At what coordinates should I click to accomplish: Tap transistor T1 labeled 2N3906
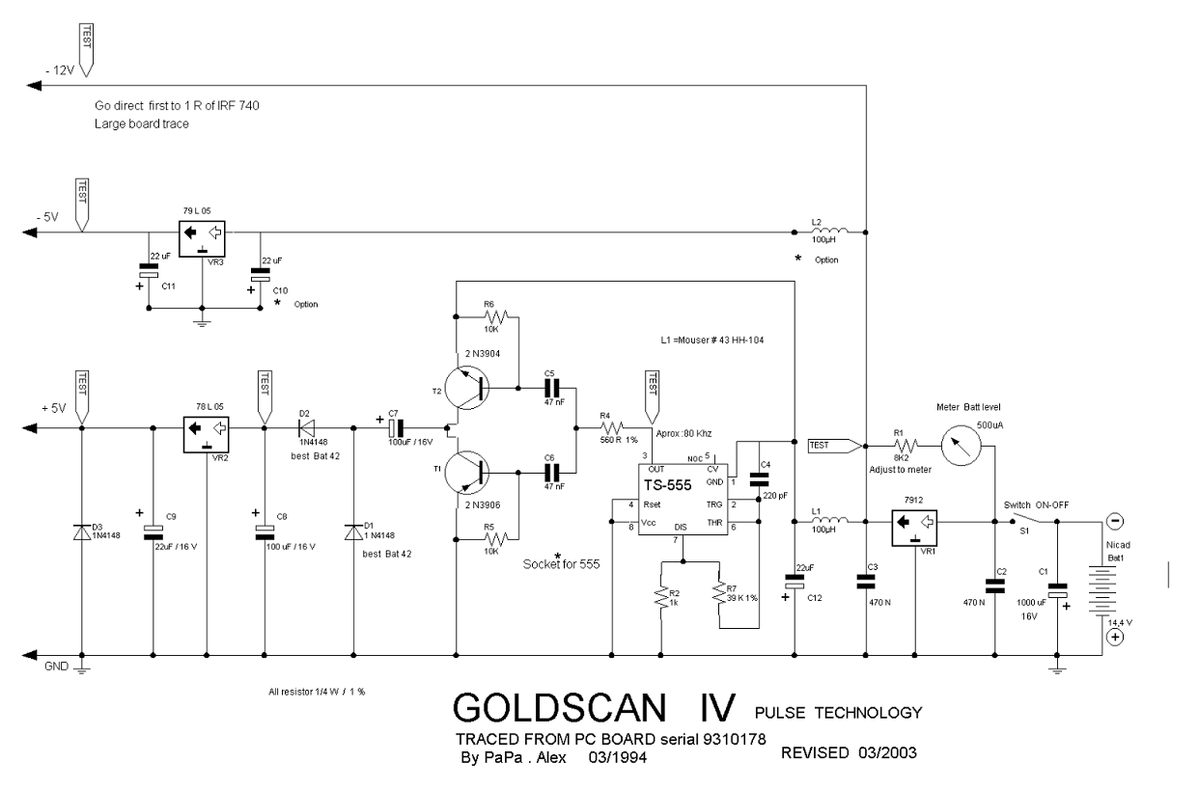click(x=471, y=472)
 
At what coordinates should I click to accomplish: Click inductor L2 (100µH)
click(x=830, y=232)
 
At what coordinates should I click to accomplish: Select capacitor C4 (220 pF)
click(x=758, y=479)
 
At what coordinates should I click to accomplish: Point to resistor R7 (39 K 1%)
click(x=719, y=598)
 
